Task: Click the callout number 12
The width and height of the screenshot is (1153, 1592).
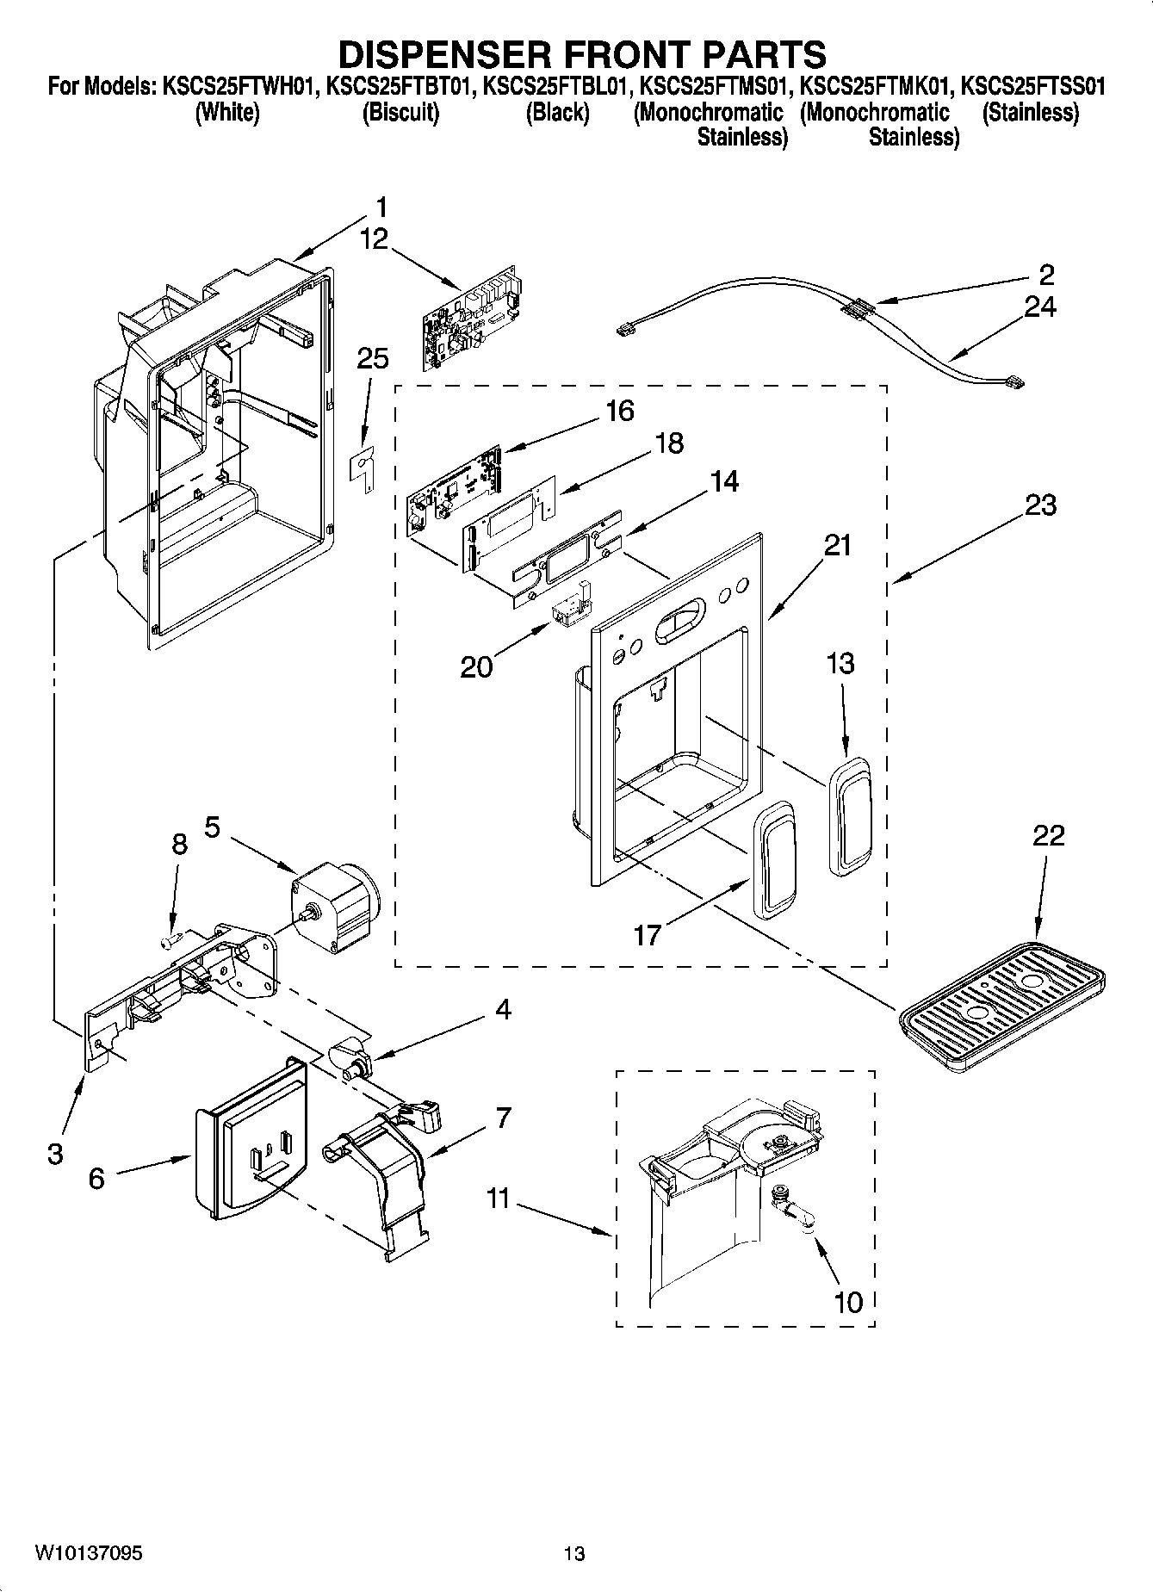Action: (x=374, y=238)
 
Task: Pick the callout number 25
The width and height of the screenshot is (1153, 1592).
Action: (x=372, y=358)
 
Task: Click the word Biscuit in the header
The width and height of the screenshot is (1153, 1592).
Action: (x=401, y=113)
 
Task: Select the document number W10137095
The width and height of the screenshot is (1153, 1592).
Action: (x=89, y=1553)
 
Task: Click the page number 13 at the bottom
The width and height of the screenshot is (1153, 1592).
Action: (x=574, y=1553)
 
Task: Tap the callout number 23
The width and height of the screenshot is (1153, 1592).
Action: (x=1040, y=505)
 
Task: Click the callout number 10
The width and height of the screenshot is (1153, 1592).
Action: (x=849, y=1302)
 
